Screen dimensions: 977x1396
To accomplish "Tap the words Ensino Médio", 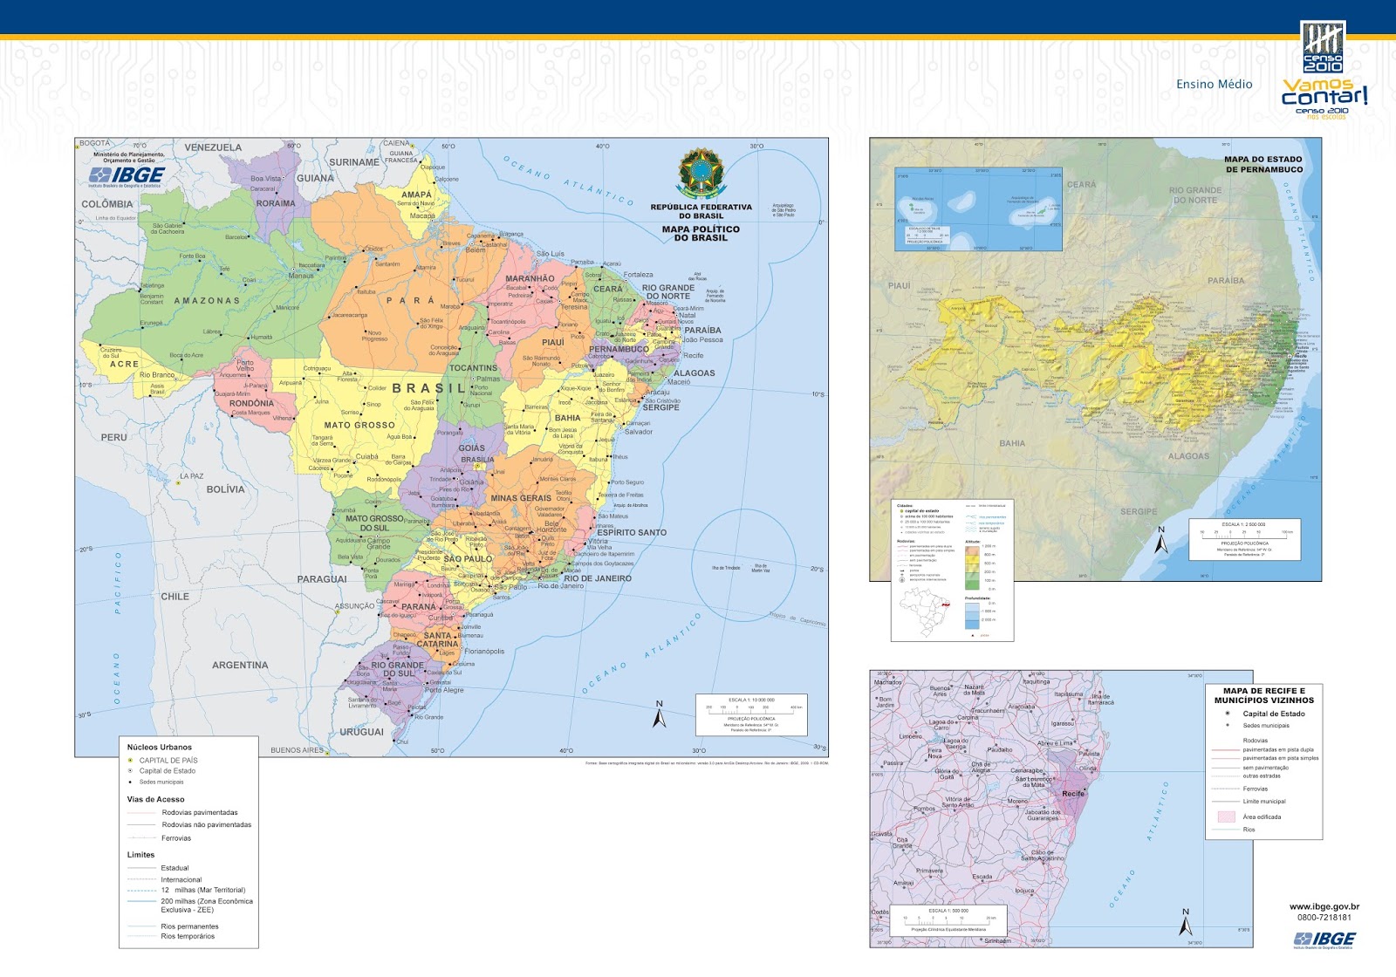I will click(x=1214, y=85).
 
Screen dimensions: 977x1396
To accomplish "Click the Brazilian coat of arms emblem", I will click(x=700, y=174).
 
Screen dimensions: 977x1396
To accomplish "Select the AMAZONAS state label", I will click(x=207, y=301).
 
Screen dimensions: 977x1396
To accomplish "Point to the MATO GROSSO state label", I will click(x=359, y=426).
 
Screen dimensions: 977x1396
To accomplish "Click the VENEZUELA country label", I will click(x=213, y=147).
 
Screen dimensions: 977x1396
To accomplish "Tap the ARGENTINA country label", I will click(x=240, y=666).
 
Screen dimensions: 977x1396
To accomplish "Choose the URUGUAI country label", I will click(x=361, y=732).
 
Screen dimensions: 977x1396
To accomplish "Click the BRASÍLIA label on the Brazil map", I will click(x=477, y=460).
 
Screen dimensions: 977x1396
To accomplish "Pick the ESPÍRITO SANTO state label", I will click(x=632, y=532).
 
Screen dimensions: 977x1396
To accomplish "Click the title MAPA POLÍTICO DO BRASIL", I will click(x=700, y=234).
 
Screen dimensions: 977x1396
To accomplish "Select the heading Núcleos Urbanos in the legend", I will click(x=159, y=748).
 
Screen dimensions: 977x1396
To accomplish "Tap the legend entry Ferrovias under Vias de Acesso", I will click(x=176, y=838).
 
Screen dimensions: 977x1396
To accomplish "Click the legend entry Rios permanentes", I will click(x=189, y=926).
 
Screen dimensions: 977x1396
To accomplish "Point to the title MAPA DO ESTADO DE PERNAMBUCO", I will click(x=1263, y=164).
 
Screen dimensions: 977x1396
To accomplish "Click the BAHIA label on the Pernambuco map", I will click(x=1012, y=443).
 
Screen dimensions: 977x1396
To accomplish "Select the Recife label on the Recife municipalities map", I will click(x=1072, y=794).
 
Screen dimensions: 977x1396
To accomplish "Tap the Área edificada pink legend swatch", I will click(x=1226, y=817).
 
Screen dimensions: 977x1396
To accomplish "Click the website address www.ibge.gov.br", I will click(x=1324, y=907).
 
